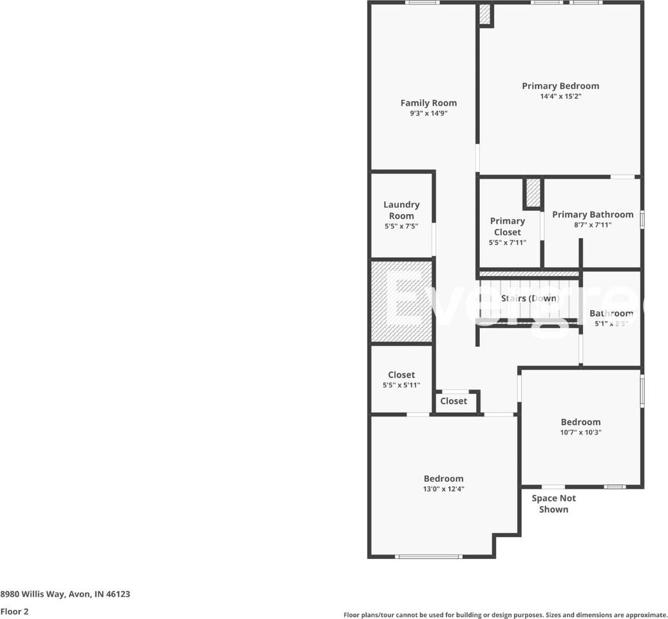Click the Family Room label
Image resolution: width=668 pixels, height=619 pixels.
(428, 103)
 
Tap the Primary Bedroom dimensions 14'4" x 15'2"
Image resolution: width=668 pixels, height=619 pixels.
(560, 96)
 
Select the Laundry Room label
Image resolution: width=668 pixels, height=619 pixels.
(401, 210)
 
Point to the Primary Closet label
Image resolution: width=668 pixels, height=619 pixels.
(508, 226)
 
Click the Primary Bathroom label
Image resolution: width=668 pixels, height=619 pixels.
(593, 215)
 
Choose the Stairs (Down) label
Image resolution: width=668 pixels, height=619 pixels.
(530, 299)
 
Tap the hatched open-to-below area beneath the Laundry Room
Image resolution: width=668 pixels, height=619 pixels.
(401, 301)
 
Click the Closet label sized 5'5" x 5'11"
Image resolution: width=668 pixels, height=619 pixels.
(401, 375)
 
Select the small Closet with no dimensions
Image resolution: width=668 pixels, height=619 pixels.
(453, 401)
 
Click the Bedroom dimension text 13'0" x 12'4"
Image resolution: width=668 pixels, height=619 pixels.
(443, 489)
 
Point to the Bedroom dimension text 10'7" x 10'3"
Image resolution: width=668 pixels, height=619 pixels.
(580, 433)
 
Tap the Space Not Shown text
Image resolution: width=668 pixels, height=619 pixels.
(553, 504)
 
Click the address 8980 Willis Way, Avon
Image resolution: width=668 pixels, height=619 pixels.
(65, 594)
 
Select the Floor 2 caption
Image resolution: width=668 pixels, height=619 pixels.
(14, 611)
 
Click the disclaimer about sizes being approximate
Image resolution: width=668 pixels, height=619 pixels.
(505, 615)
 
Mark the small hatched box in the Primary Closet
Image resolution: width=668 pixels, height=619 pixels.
(533, 193)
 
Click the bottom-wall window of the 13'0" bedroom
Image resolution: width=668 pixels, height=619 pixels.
(428, 556)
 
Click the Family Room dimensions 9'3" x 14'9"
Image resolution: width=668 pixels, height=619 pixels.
(428, 113)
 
